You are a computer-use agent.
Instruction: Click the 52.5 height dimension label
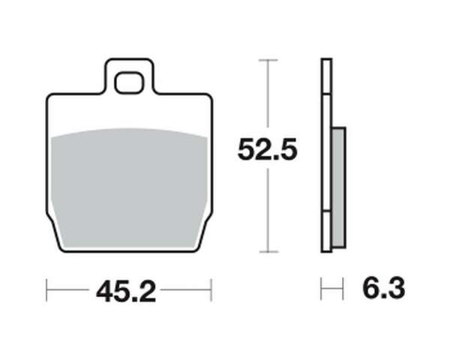click(268, 149)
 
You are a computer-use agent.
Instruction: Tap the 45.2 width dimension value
click(126, 292)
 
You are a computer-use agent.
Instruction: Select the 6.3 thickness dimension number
click(384, 288)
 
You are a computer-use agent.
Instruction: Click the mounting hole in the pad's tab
click(128, 83)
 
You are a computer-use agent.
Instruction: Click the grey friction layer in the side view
click(339, 187)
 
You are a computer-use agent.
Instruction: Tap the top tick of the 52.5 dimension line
click(268, 60)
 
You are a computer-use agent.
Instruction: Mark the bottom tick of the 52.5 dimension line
click(268, 252)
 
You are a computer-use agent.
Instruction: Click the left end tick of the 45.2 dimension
click(46, 290)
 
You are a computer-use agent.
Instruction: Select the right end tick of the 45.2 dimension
click(211, 290)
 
